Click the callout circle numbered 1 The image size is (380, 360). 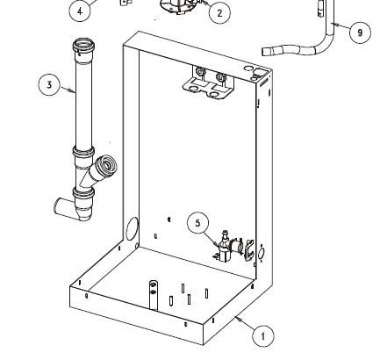263,335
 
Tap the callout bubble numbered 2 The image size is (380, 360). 219,13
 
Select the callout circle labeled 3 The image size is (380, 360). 49,84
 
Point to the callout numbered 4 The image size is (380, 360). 80,11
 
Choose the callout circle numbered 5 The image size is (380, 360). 198,223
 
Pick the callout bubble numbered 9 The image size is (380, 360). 360,32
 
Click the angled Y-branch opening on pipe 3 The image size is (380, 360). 108,165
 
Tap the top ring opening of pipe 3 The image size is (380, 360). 84,45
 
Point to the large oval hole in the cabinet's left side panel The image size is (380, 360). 132,229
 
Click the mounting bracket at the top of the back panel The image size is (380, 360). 208,83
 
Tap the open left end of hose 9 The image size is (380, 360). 265,52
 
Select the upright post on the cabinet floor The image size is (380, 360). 154,296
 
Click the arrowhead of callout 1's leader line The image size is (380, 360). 238,319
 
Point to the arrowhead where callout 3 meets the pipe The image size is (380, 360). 73,91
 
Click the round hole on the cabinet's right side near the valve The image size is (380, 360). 262,254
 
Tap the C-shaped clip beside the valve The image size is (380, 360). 248,249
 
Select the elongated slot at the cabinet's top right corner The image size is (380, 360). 264,82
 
